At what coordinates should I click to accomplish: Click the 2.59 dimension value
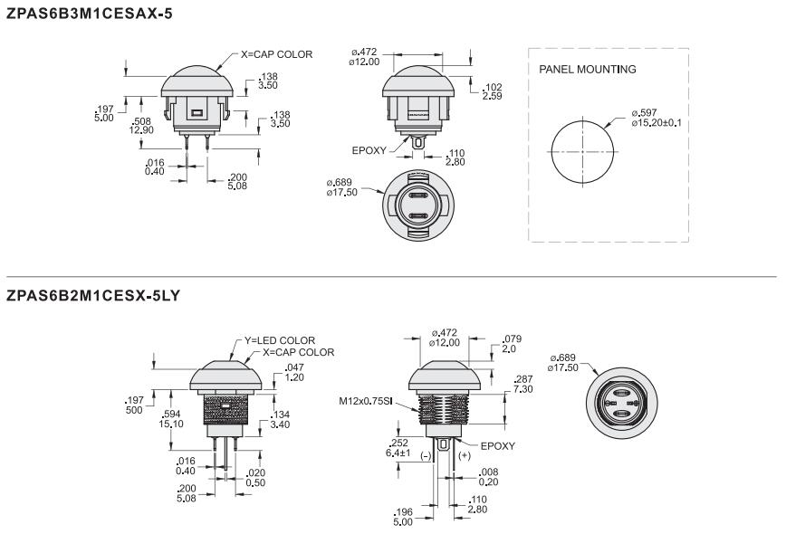492,95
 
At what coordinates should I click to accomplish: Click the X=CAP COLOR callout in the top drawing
276,54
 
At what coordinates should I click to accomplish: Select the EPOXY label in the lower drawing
496,446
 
